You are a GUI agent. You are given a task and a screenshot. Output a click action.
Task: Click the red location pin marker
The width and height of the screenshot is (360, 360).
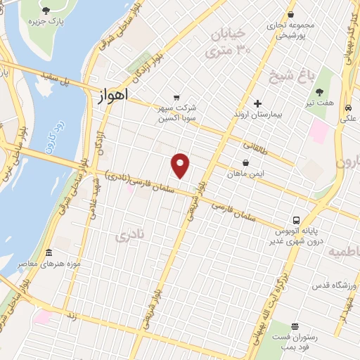181,165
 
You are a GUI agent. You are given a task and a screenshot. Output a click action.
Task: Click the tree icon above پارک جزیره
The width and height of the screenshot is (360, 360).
46,10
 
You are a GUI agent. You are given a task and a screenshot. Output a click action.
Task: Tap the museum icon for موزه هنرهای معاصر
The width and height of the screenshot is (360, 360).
49,253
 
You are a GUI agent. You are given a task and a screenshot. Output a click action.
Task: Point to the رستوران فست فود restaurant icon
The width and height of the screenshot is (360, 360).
294,327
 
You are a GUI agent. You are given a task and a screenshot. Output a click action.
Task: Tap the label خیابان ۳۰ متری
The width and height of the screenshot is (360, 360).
228,41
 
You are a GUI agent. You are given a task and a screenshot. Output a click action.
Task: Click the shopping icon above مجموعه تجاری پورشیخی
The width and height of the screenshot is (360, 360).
291,15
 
